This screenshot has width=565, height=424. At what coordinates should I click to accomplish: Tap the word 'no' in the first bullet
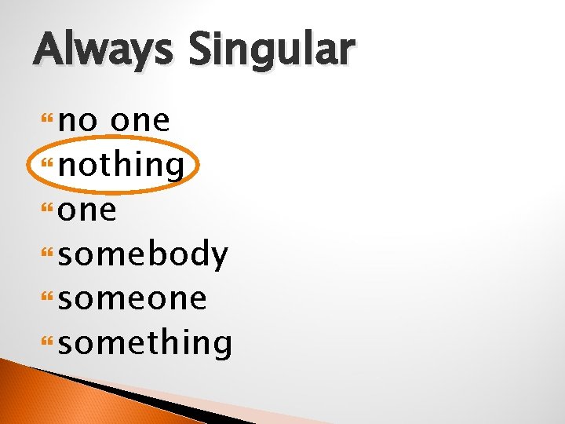pos(78,121)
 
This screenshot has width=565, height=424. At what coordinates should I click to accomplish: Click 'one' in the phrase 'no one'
pos(140,121)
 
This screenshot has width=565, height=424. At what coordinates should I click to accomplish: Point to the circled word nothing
pos(121,165)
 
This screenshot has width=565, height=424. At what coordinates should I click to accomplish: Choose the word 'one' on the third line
pos(88,210)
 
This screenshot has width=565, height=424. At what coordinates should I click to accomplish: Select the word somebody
pos(144,254)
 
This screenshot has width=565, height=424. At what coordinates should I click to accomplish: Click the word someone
pos(133,298)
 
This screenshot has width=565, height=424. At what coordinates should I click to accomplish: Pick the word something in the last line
pos(145,343)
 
